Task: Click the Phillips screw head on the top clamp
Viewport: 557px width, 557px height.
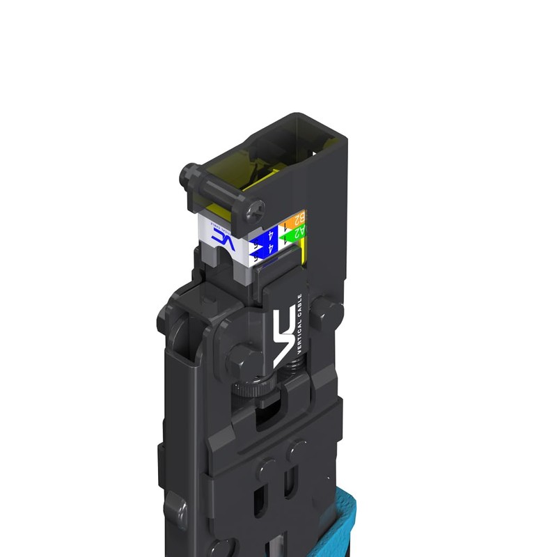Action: click(x=255, y=207)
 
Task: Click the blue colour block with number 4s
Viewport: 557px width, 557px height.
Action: click(x=265, y=243)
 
